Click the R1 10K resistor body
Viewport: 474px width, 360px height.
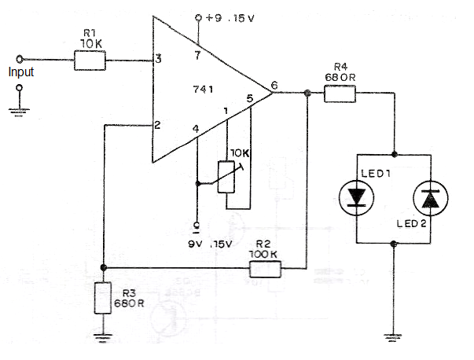tap(90, 61)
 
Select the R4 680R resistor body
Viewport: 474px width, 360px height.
tap(340, 94)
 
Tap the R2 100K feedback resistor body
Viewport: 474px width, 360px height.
tap(265, 269)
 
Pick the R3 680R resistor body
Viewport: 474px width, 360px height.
tap(103, 298)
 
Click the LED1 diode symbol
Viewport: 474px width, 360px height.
tap(356, 198)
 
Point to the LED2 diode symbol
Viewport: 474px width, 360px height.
tap(431, 198)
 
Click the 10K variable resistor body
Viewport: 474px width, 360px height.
tap(226, 177)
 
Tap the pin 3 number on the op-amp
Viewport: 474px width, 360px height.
tap(158, 58)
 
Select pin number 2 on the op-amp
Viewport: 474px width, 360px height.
tap(157, 125)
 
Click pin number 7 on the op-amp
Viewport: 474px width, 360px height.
tap(197, 55)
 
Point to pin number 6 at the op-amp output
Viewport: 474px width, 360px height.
tap(274, 85)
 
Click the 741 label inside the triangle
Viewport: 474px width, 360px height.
tap(203, 89)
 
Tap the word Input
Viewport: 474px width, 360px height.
tap(21, 72)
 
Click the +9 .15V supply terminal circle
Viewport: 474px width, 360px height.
tap(198, 18)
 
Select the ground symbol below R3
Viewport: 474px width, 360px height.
tap(103, 337)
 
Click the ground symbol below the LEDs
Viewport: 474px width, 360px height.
tap(393, 336)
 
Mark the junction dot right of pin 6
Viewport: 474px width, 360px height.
tap(307, 93)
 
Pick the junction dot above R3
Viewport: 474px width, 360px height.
tap(103, 267)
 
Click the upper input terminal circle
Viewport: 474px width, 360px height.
tap(20, 59)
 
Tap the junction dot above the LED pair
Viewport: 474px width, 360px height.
tap(394, 155)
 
